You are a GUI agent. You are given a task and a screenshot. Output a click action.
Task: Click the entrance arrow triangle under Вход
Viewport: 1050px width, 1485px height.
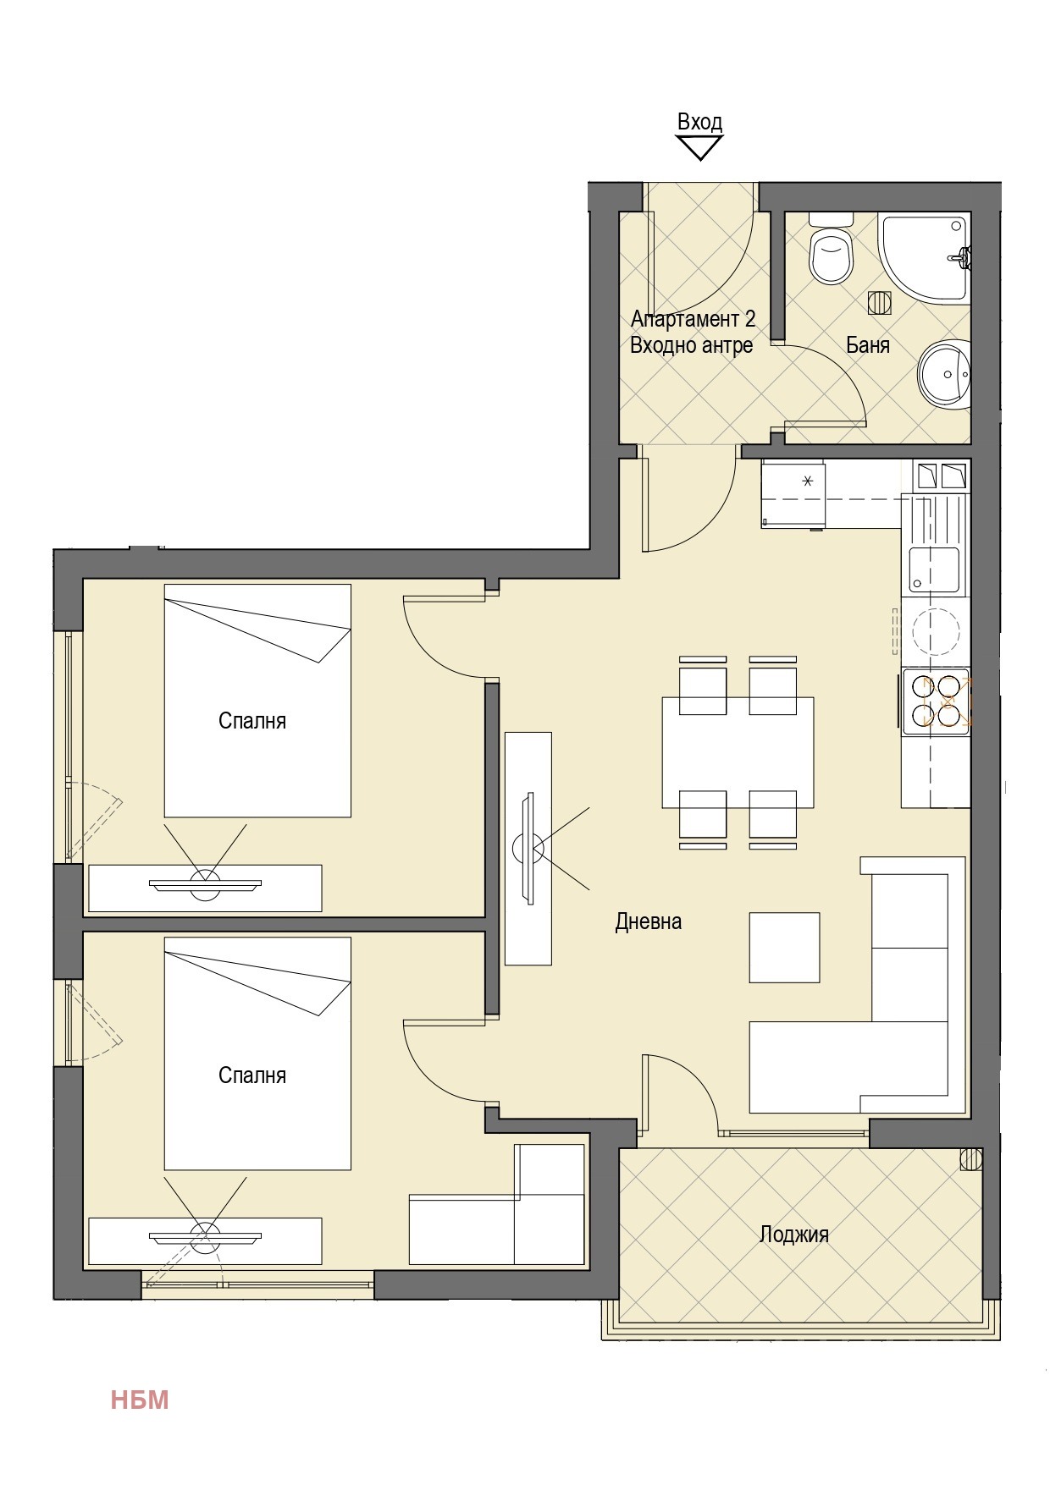[699, 148]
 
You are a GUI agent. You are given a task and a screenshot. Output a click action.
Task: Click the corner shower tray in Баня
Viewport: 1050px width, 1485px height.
[924, 258]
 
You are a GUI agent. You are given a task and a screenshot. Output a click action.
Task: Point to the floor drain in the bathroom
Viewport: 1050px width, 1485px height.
[880, 302]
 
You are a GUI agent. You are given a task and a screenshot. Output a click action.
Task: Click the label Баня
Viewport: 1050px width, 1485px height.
[868, 345]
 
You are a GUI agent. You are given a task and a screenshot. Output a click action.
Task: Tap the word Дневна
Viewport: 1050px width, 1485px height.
[649, 921]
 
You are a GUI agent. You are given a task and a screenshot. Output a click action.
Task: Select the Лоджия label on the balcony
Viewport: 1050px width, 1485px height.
[793, 1235]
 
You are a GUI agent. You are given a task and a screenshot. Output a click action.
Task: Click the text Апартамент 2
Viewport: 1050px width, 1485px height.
[693, 319]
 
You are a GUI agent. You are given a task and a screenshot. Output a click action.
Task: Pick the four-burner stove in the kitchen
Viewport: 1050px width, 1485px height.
[936, 701]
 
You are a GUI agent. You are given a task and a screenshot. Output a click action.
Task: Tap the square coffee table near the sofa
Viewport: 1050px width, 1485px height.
[784, 948]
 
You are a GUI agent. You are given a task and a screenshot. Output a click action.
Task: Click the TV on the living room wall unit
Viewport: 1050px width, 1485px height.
[528, 847]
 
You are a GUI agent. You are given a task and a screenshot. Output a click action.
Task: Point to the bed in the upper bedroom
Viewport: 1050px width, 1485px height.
[257, 701]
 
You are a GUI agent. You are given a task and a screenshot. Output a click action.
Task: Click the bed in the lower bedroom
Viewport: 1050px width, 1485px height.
[257, 1053]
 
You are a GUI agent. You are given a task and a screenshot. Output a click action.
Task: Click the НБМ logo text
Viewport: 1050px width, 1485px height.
[140, 1400]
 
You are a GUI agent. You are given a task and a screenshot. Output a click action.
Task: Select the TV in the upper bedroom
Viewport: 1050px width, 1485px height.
[205, 885]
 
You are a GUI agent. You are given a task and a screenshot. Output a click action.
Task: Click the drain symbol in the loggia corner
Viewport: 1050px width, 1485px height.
[970, 1158]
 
